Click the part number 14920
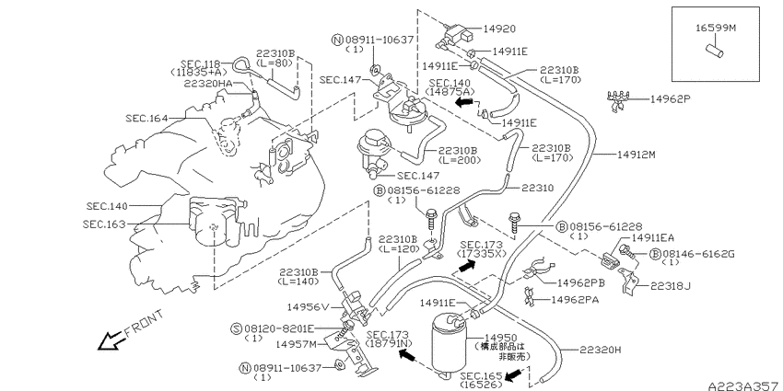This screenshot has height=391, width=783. tap(499, 29)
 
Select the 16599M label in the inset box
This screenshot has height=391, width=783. tap(716, 29)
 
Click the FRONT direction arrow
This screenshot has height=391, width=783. tap(112, 341)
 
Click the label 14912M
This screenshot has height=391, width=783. tap(636, 155)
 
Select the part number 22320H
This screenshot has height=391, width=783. tap(601, 351)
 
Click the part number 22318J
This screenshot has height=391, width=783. tap(670, 286)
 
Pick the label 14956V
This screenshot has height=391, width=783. tap(308, 306)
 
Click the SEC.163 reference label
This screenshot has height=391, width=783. tap(104, 224)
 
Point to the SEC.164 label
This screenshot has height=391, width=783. tap(147, 118)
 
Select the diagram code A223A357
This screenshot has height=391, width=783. tap(744, 385)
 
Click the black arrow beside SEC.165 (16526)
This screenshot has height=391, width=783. tap(512, 374)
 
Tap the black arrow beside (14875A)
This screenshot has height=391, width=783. tap(464, 102)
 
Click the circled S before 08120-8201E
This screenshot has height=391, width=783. tap(237, 328)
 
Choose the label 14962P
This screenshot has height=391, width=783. tap(670, 98)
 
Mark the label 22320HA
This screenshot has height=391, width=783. tap(208, 84)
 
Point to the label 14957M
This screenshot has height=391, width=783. tap(296, 344)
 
